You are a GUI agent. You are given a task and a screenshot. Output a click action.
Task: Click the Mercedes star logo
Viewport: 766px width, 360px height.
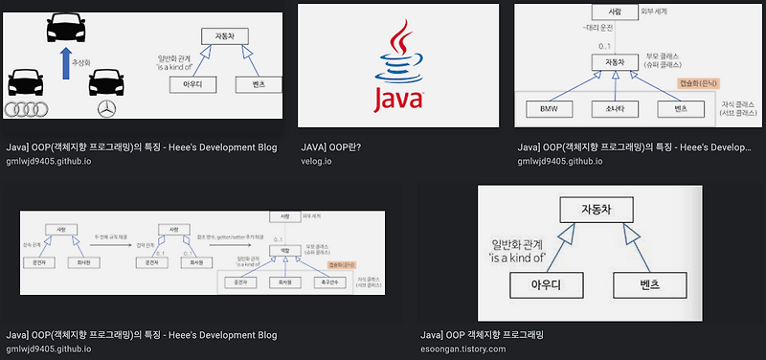click(106, 108)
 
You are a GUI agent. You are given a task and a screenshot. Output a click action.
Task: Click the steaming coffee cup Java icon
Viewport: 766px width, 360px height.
click(397, 54)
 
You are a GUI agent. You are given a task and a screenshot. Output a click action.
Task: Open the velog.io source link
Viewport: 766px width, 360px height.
click(315, 161)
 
